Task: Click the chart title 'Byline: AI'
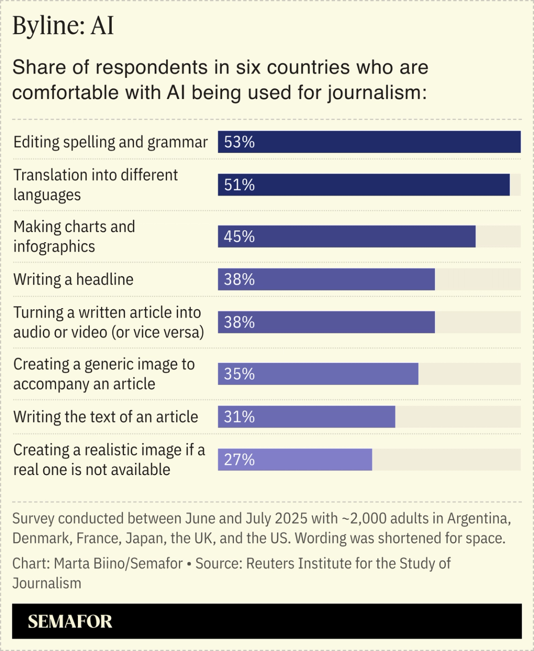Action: pos(63,26)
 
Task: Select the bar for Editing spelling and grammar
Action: pos(369,142)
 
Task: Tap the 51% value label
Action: pos(239,185)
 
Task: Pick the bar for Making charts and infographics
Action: pos(346,237)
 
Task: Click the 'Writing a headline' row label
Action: pos(73,280)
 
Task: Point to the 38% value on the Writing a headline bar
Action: pos(239,280)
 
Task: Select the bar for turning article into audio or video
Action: pos(326,322)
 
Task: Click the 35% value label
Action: pos(239,374)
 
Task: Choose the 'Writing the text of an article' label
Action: pos(106,417)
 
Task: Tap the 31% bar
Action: pos(306,417)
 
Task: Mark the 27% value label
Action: pos(239,460)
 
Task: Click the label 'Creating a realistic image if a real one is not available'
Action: pos(109,459)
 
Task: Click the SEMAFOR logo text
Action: pos(70,621)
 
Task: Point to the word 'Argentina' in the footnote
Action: pos(479,519)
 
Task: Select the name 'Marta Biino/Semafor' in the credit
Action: pos(118,563)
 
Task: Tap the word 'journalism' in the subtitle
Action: pos(377,93)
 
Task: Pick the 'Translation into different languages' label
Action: pos(95,185)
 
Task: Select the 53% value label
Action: pos(239,142)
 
